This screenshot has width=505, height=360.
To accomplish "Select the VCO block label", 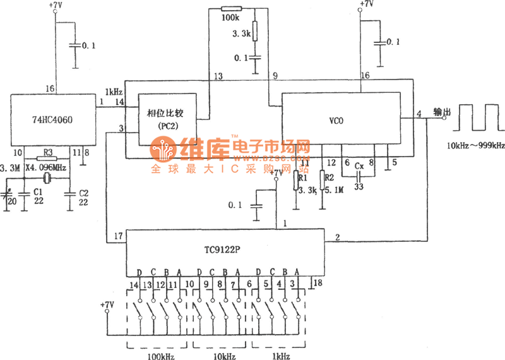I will click(336, 120).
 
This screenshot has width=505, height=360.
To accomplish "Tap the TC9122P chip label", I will click(222, 249).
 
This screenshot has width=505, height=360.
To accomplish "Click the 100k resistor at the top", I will click(232, 9).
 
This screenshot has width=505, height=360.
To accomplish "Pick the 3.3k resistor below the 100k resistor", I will click(255, 31).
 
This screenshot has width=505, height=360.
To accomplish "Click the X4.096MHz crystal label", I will click(46, 168).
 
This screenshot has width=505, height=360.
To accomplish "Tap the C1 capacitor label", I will click(37, 190).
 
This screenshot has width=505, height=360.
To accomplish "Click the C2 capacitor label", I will click(83, 191).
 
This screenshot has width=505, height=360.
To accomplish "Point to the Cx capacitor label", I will click(359, 166).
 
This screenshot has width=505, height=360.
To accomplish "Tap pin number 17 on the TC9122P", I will click(117, 237).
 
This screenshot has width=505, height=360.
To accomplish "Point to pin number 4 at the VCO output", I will click(419, 114).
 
